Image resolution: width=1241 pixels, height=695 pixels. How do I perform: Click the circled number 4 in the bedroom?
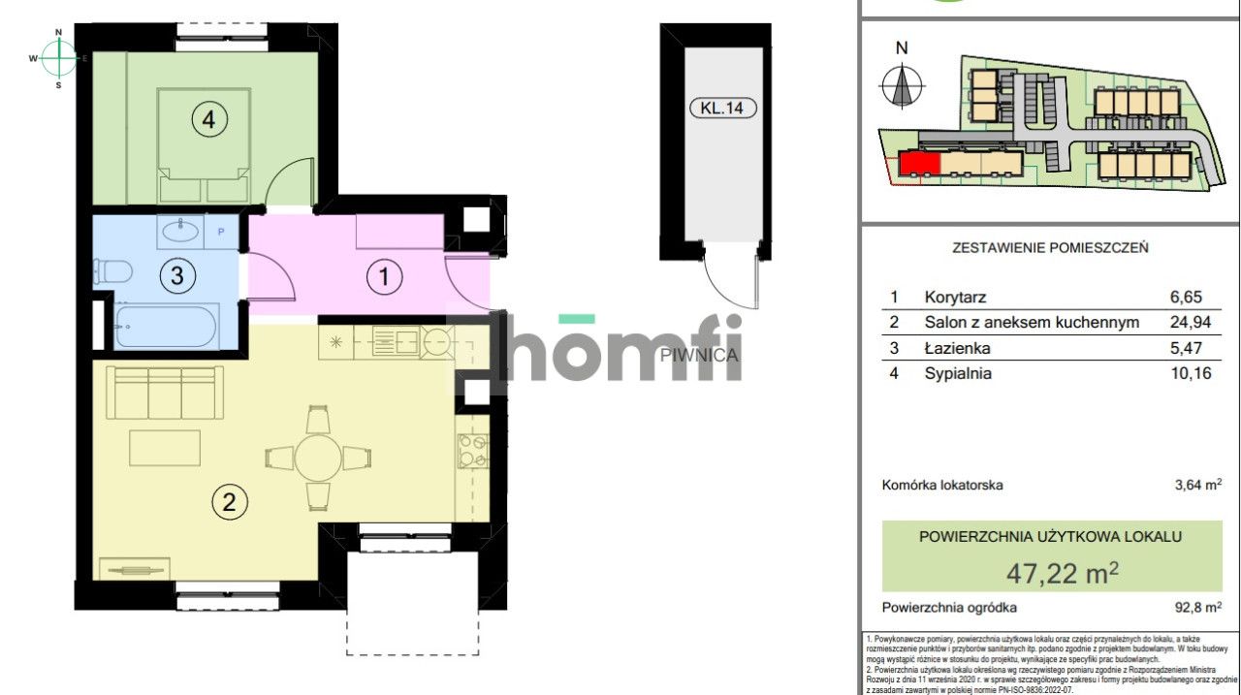[x=208, y=120]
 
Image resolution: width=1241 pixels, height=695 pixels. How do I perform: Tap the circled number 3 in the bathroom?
[x=176, y=275]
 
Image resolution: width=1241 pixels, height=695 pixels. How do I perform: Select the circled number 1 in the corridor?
[x=384, y=278]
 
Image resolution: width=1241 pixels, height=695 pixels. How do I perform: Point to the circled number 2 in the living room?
[x=229, y=502]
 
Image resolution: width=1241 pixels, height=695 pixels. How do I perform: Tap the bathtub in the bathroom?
[x=166, y=327]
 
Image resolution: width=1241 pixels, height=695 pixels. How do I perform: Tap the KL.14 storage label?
[x=722, y=108]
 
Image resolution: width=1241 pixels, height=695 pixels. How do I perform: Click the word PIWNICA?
[x=699, y=355]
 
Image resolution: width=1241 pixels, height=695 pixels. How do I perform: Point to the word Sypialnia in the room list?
[x=958, y=372]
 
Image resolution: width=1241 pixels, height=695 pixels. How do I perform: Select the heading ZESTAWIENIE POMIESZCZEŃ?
[x=1051, y=247]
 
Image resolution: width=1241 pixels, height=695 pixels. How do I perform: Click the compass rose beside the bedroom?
[x=59, y=58]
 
